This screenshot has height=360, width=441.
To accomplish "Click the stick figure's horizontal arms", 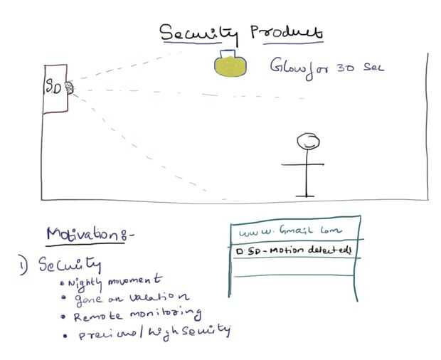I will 307,164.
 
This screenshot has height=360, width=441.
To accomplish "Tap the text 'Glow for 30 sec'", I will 326,67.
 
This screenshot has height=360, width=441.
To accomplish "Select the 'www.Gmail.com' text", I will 291,231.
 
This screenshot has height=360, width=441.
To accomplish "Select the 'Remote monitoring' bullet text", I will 137,314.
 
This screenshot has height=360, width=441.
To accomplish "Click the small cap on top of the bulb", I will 229,54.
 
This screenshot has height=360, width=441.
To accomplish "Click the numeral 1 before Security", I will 23,267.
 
